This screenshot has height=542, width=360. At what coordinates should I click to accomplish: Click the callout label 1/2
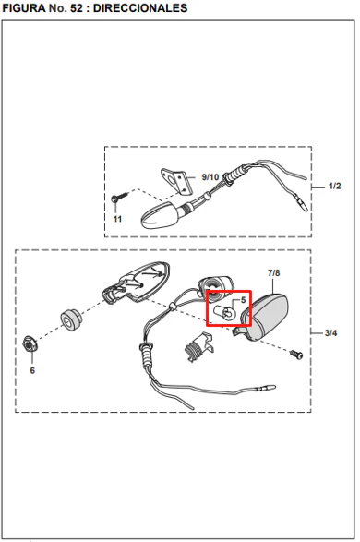click(334, 186)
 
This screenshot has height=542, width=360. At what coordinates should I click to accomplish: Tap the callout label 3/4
click(330, 333)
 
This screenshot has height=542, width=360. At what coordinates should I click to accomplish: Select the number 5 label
click(243, 300)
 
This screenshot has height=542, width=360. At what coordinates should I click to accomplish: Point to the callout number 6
click(32, 370)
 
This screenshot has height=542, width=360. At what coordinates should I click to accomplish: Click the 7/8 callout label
click(273, 273)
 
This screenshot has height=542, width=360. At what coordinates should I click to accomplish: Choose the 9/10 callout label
click(210, 177)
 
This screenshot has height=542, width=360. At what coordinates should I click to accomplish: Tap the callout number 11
click(117, 219)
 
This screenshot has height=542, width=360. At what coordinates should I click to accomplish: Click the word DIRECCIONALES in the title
click(140, 8)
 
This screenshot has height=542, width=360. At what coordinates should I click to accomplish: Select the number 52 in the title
click(77, 8)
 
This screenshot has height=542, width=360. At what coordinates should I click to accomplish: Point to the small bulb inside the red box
click(224, 313)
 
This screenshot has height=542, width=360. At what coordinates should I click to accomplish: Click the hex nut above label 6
click(30, 343)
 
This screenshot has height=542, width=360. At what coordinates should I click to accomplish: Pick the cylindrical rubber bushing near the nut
click(72, 319)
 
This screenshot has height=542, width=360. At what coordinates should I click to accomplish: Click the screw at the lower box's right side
click(296, 355)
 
